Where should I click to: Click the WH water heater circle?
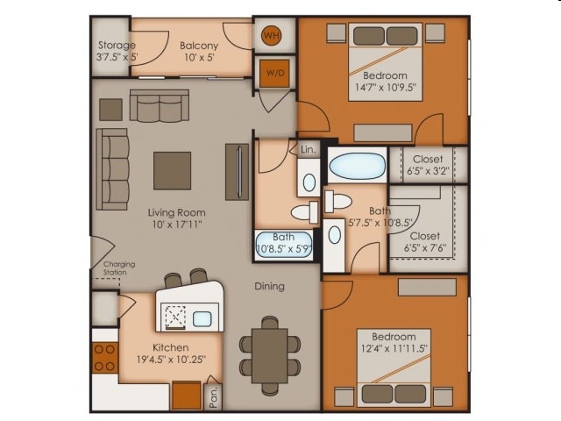pyautogui.click(x=272, y=36)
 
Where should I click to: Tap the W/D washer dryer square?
pyautogui.click(x=274, y=74)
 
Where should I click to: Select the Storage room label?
pyautogui.click(x=117, y=45)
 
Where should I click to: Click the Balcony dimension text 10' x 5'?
pyautogui.click(x=199, y=57)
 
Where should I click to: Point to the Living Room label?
pyautogui.click(x=177, y=212)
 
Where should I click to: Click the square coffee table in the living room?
pyautogui.click(x=172, y=171)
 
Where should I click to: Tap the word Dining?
pyautogui.click(x=269, y=287)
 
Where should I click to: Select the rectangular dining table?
pyautogui.click(x=270, y=356)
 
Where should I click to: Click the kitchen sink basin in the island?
pyautogui.click(x=202, y=318)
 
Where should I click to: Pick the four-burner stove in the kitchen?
pyautogui.click(x=105, y=358)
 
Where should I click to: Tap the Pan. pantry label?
pyautogui.click(x=214, y=396)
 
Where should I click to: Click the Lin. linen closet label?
pyautogui.click(x=308, y=149)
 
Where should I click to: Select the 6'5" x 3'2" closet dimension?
pyautogui.click(x=428, y=171)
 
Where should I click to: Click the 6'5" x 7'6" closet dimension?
pyautogui.click(x=425, y=247)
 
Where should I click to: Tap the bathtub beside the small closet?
pyautogui.click(x=358, y=166)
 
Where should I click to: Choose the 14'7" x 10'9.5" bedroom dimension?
pyautogui.click(x=386, y=87)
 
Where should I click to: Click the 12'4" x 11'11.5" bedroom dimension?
pyautogui.click(x=394, y=348)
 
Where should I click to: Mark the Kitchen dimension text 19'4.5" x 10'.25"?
pyautogui.click(x=171, y=359)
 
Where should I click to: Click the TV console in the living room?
pyautogui.click(x=237, y=172)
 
